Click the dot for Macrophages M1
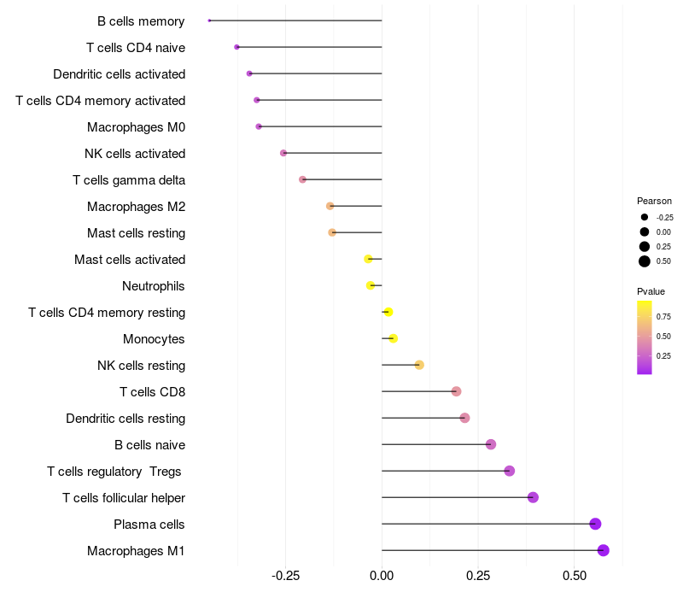(x=604, y=550)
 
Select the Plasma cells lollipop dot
(x=595, y=524)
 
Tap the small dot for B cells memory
(x=209, y=21)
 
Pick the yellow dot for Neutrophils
(x=371, y=285)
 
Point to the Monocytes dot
(x=393, y=338)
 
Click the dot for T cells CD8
(x=456, y=391)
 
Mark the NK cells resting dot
(x=419, y=365)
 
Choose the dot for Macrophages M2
(x=330, y=206)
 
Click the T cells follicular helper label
(x=124, y=498)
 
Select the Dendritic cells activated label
(x=120, y=74)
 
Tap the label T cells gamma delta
(x=129, y=180)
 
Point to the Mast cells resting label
(x=137, y=233)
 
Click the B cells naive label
(x=150, y=445)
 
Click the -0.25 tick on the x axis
(x=285, y=576)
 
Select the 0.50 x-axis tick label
(x=574, y=576)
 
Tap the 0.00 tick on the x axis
(x=382, y=576)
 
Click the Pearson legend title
(x=654, y=201)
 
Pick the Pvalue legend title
(x=651, y=291)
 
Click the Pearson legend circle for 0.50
(x=645, y=261)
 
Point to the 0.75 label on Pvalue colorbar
(x=663, y=316)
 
